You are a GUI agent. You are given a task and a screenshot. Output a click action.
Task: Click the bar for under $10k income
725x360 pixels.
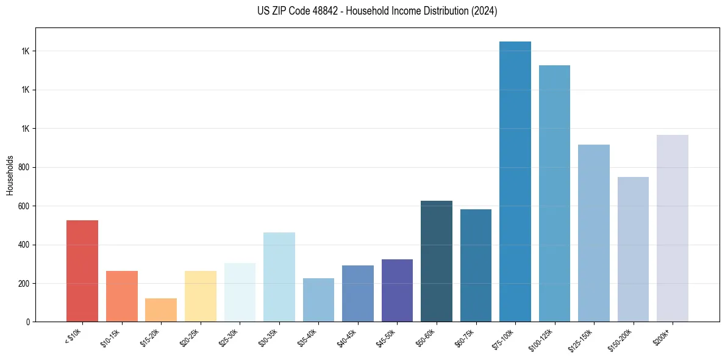pos(82,271)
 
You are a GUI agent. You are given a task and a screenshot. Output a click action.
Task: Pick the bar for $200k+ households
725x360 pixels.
pos(673,228)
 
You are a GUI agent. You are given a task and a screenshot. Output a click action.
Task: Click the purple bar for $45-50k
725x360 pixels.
pos(397,290)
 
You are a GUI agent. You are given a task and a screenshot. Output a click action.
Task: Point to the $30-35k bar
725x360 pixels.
pos(279,277)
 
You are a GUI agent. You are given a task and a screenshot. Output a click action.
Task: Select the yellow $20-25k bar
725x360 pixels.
pos(201,297)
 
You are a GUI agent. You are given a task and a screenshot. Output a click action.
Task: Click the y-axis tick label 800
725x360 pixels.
pos(24,168)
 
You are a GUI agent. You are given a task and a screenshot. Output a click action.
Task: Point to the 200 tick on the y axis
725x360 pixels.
pos(24,284)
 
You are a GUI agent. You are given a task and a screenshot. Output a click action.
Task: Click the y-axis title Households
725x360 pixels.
pos(10,175)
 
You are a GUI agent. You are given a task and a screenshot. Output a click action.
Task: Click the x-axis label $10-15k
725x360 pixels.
pos(111,337)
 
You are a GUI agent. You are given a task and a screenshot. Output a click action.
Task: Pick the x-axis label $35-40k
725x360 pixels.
pos(308,337)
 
